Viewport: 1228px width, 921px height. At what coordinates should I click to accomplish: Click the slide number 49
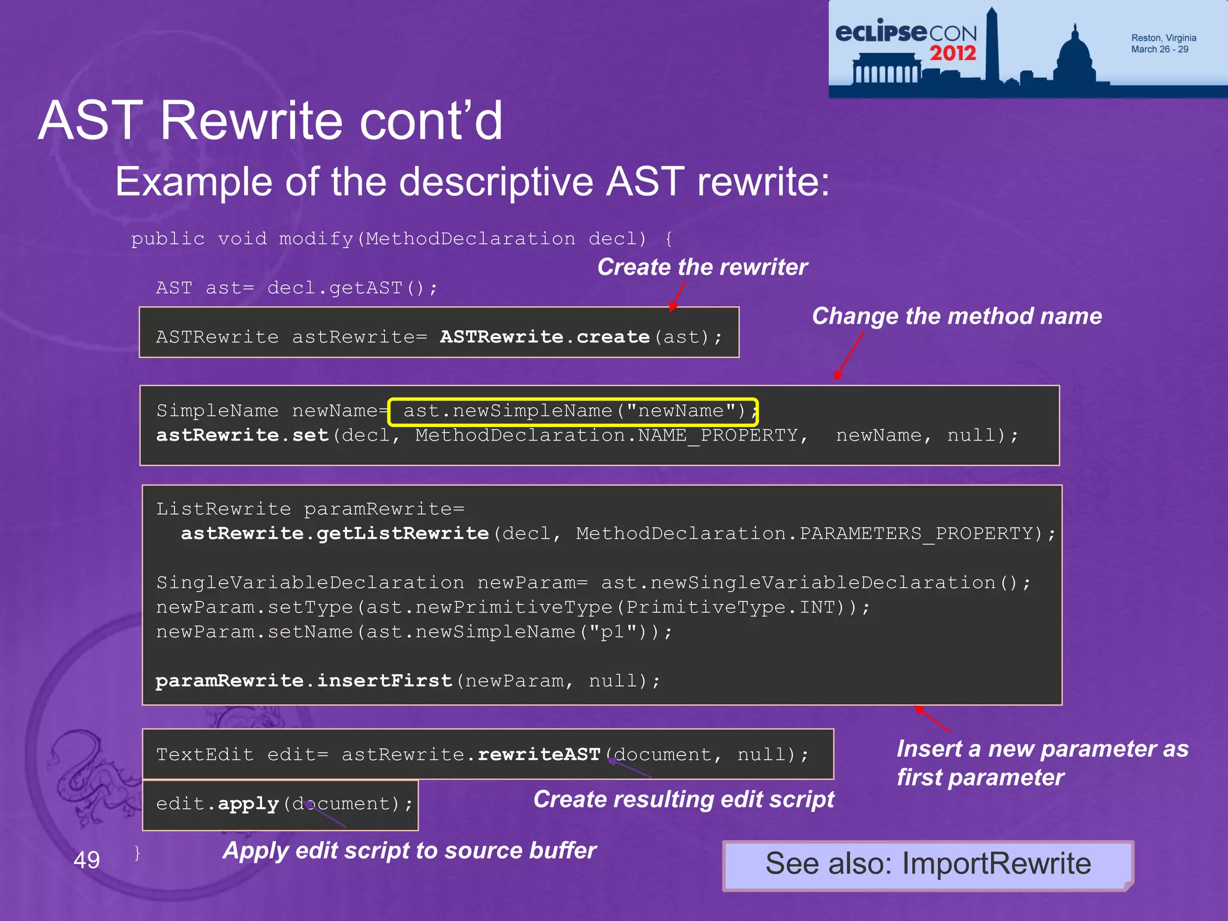tap(86, 860)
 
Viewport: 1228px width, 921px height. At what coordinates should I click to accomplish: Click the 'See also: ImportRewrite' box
tap(928, 865)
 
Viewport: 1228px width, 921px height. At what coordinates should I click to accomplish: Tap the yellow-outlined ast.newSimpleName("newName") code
tap(573, 411)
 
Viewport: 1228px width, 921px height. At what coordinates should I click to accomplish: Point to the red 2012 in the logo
tap(953, 53)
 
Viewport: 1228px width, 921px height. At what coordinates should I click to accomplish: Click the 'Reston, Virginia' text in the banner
tap(1163, 38)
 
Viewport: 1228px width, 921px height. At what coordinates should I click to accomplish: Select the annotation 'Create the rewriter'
tap(702, 267)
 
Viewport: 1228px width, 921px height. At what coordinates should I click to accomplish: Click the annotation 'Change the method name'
tap(956, 316)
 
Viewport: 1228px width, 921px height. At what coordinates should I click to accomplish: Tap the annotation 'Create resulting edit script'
tap(684, 799)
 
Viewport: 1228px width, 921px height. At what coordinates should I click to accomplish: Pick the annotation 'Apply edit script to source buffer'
tap(409, 850)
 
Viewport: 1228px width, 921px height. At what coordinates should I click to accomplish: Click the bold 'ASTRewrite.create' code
tap(544, 337)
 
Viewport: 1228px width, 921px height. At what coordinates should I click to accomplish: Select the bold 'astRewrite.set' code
tap(242, 435)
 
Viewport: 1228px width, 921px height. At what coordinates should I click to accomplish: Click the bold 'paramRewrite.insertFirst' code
tap(303, 681)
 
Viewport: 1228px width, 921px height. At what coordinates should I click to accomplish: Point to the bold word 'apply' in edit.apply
tap(248, 803)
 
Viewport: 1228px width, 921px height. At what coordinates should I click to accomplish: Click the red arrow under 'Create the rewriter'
tap(677, 296)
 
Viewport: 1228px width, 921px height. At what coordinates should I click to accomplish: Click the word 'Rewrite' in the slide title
tap(252, 121)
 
